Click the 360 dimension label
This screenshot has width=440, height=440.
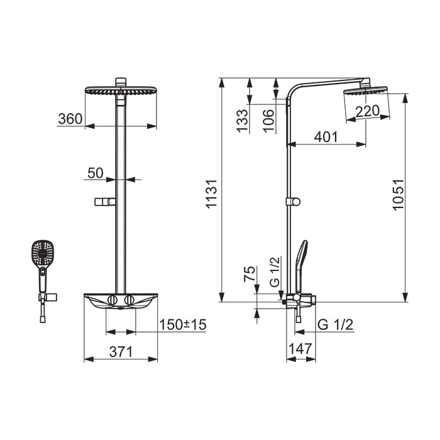[70, 119]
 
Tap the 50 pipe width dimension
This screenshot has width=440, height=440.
[96, 173]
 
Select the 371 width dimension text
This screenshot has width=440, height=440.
[121, 352]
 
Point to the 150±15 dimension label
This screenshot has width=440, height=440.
[183, 325]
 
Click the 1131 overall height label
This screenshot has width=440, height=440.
[212, 194]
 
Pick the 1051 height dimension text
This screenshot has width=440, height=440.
[398, 195]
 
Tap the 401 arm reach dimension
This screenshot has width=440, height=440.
[326, 137]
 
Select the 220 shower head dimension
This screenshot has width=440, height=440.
[367, 111]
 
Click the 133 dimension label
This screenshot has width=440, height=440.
[243, 121]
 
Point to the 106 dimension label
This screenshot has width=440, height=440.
[268, 121]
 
